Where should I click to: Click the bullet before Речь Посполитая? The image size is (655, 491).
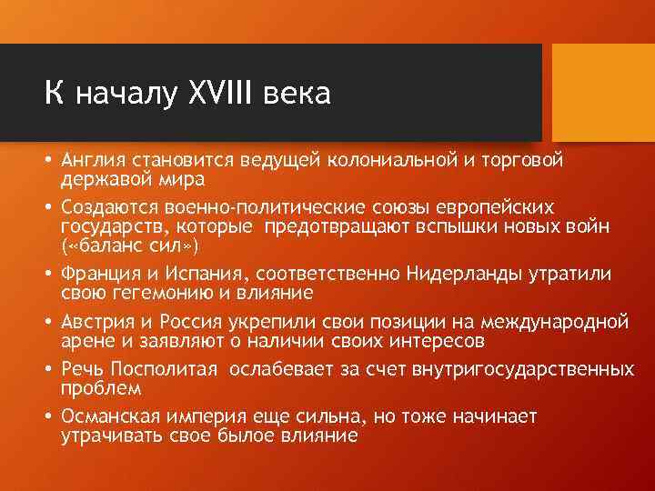(47, 369)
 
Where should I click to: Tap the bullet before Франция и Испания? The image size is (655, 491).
(47, 273)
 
